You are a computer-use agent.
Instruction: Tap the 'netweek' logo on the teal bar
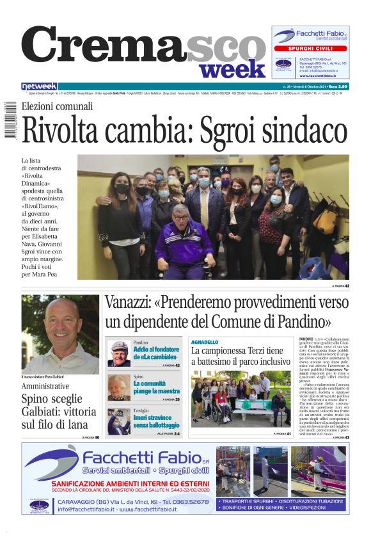point(39,86)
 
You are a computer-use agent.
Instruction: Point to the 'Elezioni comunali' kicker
point(57,106)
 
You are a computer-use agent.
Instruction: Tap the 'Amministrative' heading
point(45,387)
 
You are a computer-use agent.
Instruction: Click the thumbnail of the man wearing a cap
point(118,354)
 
